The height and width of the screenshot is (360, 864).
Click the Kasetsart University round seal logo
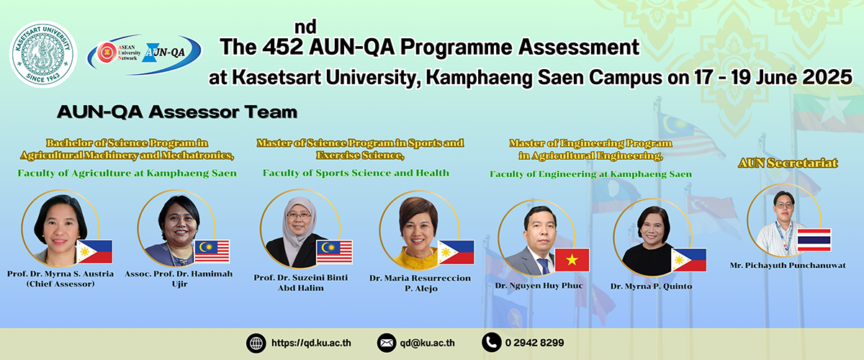tap(43, 54)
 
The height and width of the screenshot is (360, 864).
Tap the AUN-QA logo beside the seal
tap(144, 53)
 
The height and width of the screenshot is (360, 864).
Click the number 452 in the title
tap(283, 47)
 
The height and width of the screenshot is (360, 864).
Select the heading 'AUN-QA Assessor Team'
tap(177, 112)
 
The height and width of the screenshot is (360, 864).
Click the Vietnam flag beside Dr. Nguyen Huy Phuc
tap(572, 260)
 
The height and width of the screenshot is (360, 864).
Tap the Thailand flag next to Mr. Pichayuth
tap(814, 240)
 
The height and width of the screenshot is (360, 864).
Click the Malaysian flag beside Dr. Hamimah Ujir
tap(212, 251)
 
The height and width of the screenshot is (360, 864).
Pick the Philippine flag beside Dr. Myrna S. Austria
tap(94, 251)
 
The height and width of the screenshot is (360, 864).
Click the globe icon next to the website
tap(256, 343)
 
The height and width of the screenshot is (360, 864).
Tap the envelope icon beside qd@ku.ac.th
tap(387, 343)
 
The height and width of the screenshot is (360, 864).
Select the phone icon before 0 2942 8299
tap(491, 342)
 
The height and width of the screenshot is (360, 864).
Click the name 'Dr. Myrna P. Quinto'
tap(651, 287)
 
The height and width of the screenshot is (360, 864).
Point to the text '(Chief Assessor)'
tap(60, 284)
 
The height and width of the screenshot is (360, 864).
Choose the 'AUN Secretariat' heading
tap(788, 163)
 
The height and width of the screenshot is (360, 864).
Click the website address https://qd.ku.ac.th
tap(311, 343)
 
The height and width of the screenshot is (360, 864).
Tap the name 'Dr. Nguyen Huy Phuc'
tap(539, 286)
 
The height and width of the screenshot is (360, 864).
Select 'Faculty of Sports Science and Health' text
tap(356, 173)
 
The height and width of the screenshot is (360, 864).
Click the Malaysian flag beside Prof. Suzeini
tap(334, 252)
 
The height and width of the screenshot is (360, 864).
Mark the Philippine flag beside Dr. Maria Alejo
tap(456, 252)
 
